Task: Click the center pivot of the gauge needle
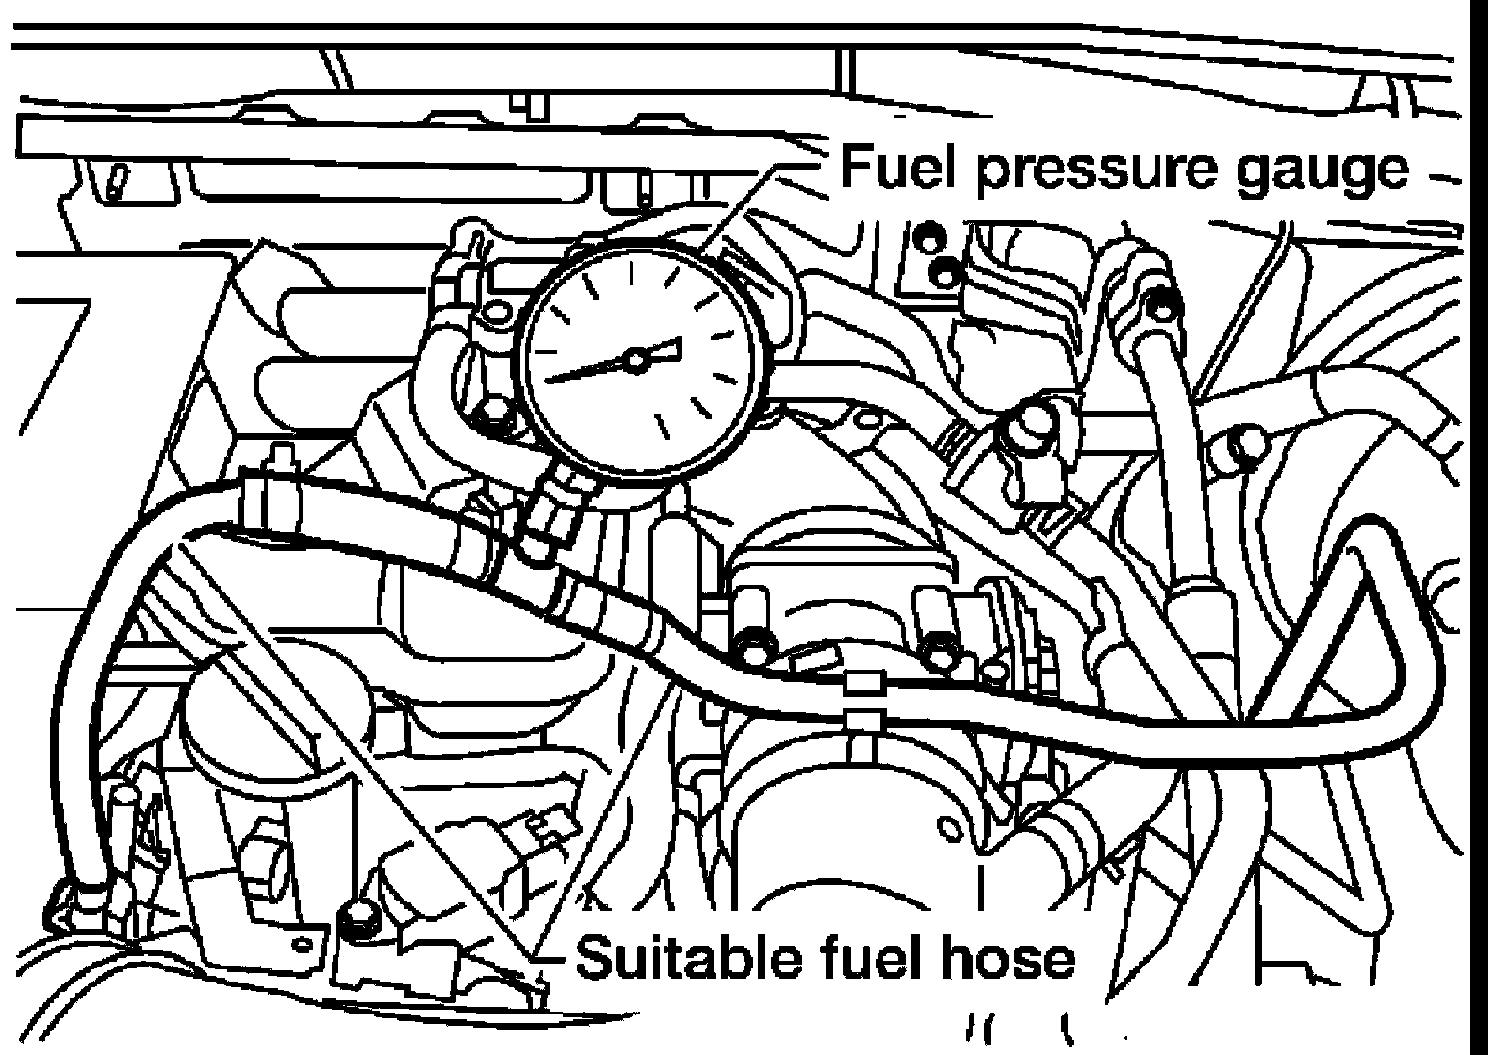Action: coord(635,358)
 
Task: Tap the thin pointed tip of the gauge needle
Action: coord(550,380)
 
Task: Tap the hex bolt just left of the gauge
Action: coord(493,414)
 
